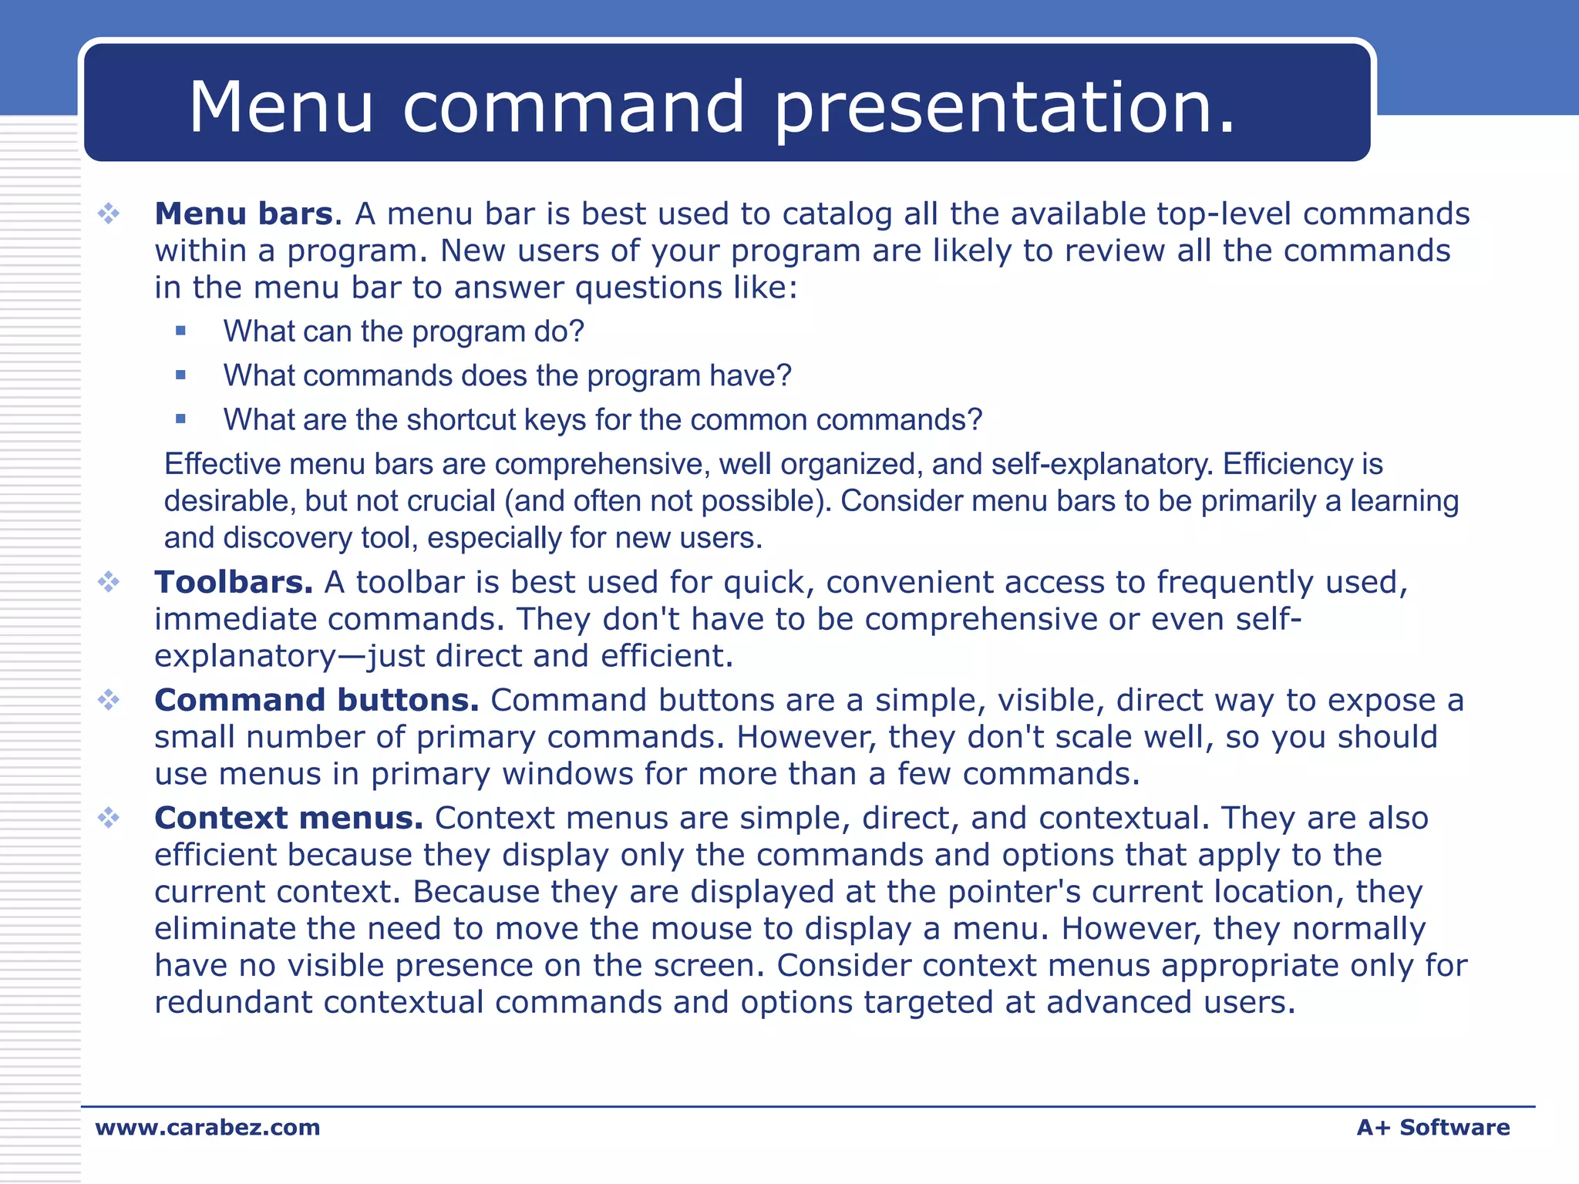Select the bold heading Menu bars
coord(244,214)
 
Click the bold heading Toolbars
coord(233,582)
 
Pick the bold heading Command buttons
coord(316,700)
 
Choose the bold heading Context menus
coord(288,818)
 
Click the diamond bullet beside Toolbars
coord(109,582)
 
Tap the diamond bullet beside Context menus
coord(109,818)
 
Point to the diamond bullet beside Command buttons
coord(109,700)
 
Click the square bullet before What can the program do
coord(181,331)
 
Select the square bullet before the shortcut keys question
coord(181,419)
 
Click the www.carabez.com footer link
coord(207,1127)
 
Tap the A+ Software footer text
coord(1433,1127)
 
